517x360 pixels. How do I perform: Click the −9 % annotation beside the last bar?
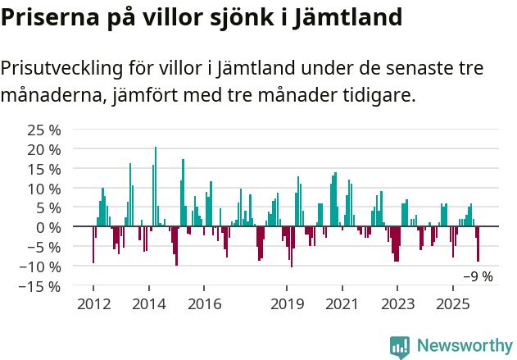point(478,276)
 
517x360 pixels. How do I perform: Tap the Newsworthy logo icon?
point(400,347)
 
